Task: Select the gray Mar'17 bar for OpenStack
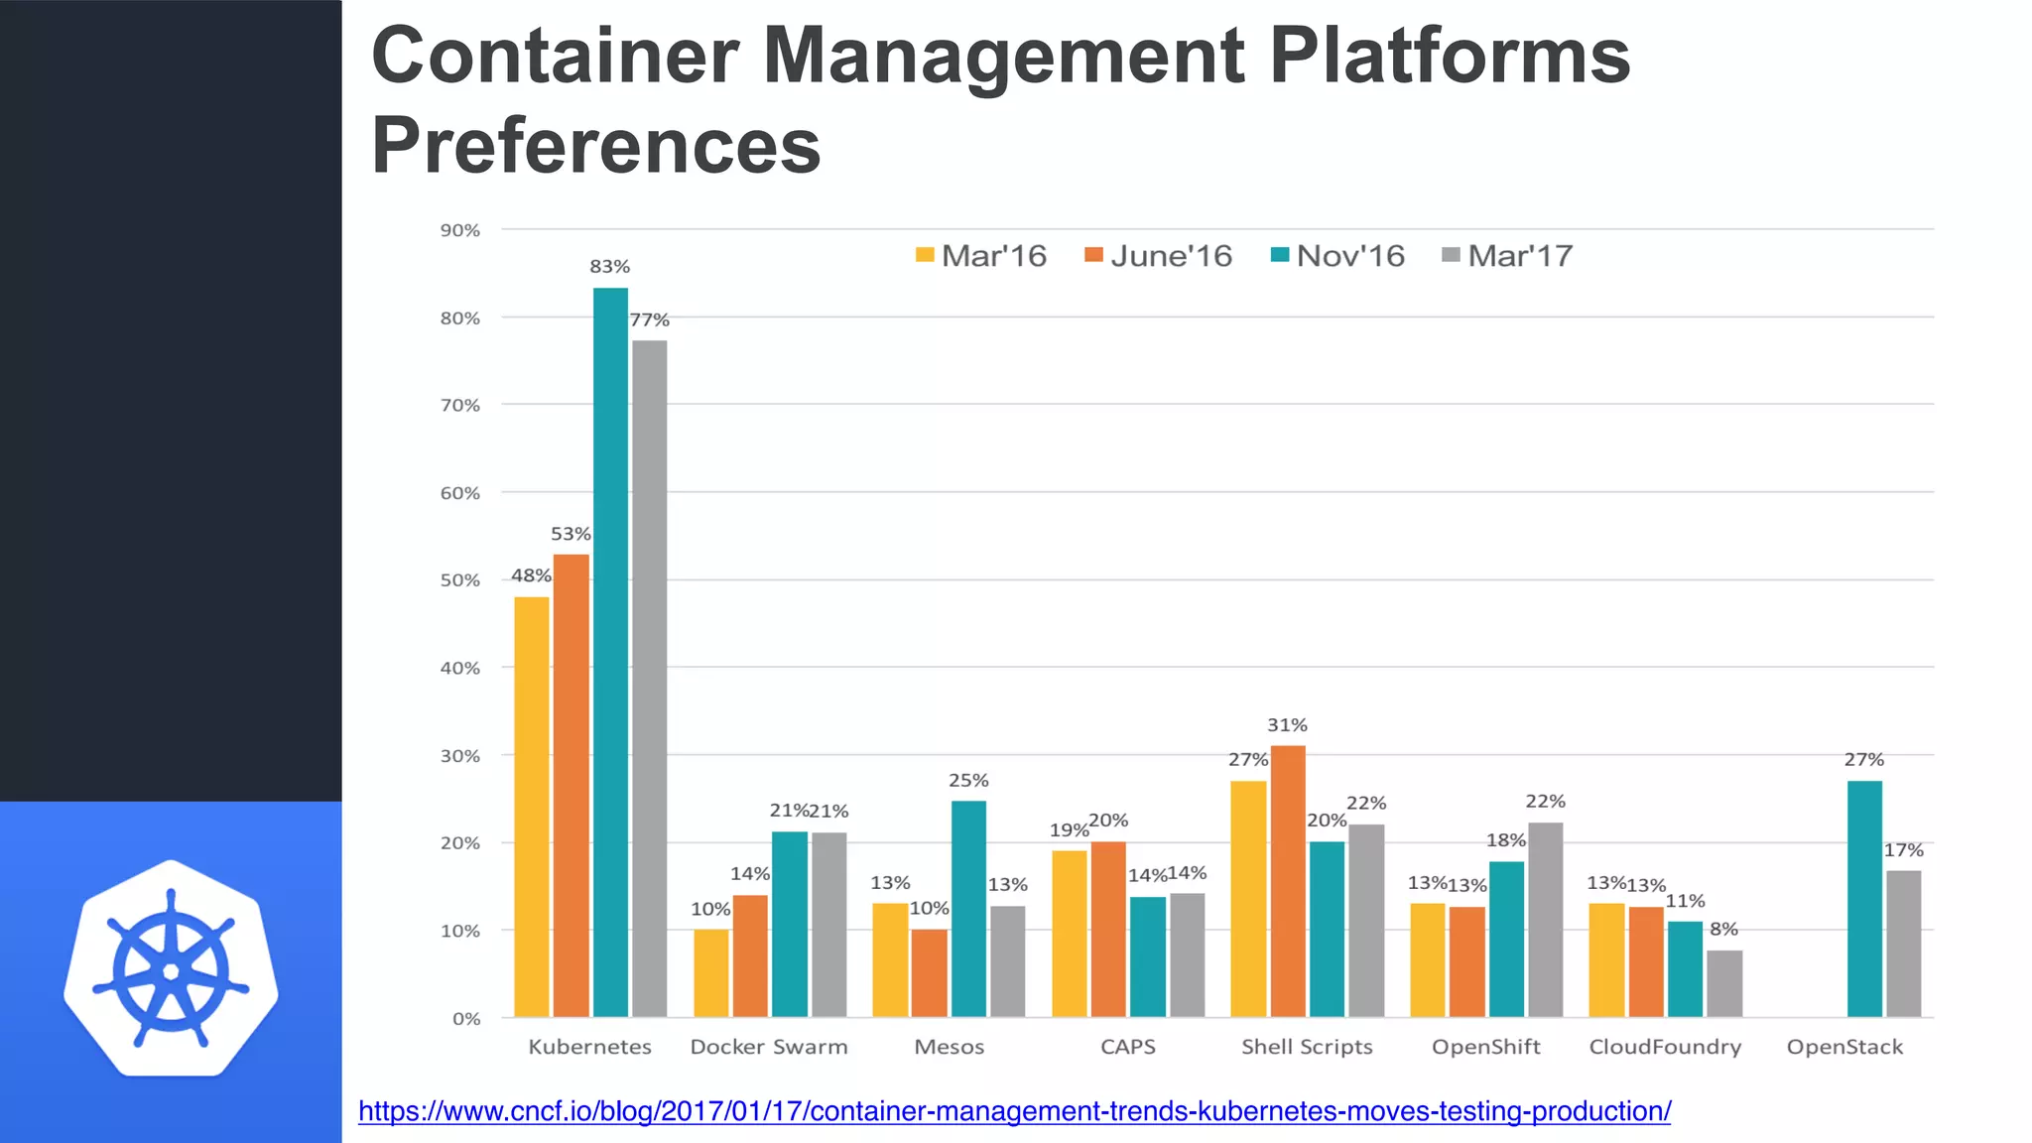tap(1903, 943)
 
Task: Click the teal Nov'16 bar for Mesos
tap(968, 908)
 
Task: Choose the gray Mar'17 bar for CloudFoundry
tap(1724, 983)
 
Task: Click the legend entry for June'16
tap(1158, 256)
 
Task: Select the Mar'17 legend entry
tap(1507, 256)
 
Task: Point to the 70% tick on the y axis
tap(459, 405)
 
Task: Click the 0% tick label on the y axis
tap(466, 1019)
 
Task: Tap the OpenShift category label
tap(1485, 1047)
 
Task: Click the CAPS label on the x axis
tap(1127, 1047)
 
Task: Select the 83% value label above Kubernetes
tap(609, 267)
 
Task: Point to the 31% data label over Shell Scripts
tap(1287, 725)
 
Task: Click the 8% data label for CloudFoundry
tap(1723, 930)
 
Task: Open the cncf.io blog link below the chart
tap(1014, 1111)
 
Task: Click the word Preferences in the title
tap(595, 146)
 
